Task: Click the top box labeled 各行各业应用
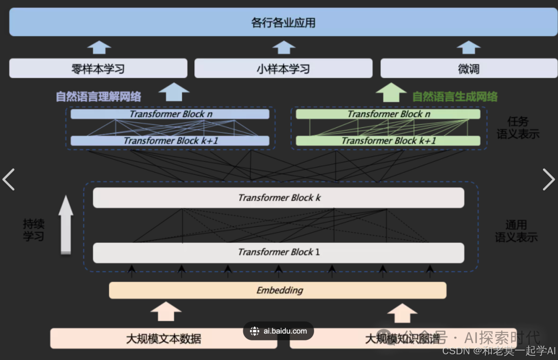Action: point(283,23)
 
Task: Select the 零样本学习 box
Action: point(98,68)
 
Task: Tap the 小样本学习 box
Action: point(283,68)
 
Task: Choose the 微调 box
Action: point(469,68)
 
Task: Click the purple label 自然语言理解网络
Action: point(99,97)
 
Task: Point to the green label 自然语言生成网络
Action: point(455,97)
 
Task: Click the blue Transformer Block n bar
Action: point(170,114)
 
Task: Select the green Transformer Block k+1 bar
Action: point(388,140)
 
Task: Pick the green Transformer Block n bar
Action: point(388,114)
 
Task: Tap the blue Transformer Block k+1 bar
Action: point(170,140)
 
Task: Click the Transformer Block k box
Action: point(278,198)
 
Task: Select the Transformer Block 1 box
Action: point(278,253)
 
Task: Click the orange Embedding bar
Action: point(278,290)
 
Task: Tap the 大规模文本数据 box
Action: point(163,339)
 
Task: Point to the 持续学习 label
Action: point(34,230)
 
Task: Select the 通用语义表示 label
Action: point(516,231)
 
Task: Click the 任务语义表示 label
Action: point(518,128)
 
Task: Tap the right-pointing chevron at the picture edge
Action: point(548,179)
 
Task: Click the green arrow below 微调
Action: point(391,93)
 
